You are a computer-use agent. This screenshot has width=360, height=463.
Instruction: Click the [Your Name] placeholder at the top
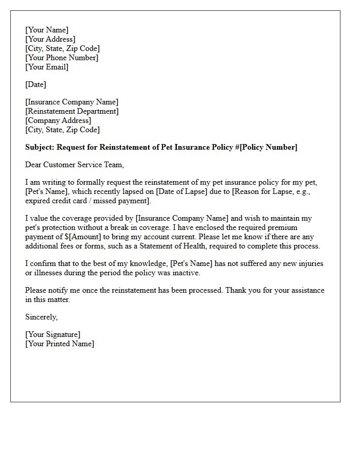(47, 30)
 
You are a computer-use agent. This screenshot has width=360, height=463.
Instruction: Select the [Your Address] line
(50, 39)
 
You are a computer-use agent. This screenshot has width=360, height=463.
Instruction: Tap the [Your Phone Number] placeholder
(62, 58)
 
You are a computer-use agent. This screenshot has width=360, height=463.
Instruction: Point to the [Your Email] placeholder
(47, 67)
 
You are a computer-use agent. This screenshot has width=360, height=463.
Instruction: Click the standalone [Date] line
(35, 84)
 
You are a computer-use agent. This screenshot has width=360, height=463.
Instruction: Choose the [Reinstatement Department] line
(72, 111)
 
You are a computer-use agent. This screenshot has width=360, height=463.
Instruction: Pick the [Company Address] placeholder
(58, 120)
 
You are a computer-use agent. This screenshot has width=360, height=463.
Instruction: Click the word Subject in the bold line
(39, 147)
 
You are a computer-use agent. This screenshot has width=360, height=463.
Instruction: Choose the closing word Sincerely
(41, 317)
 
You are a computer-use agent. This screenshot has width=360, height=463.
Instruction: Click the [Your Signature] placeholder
(52, 334)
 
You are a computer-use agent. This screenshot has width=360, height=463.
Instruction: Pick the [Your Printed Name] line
(60, 344)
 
